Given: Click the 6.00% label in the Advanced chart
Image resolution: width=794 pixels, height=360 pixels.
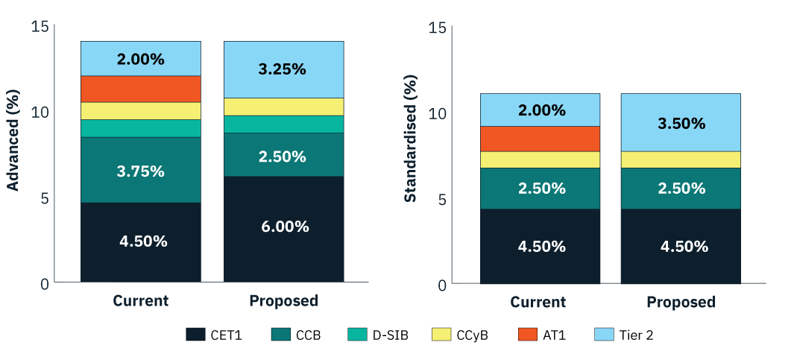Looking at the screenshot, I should (x=283, y=227).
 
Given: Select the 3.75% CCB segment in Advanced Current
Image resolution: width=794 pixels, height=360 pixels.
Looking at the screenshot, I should (x=141, y=171).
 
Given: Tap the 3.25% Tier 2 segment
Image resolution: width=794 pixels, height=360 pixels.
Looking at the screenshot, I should (x=283, y=69).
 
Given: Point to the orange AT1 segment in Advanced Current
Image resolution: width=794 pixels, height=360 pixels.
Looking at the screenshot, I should (x=141, y=89).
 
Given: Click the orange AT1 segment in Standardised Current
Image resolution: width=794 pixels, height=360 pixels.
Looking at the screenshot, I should (x=540, y=139).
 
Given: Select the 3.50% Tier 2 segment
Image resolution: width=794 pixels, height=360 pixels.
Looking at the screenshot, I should (x=681, y=123).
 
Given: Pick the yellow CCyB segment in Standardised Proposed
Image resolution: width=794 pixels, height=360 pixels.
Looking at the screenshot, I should (x=681, y=160).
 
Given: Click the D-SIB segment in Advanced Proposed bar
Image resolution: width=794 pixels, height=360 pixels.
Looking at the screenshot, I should (x=283, y=124).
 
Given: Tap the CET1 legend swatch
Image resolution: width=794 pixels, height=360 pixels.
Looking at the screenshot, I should (x=195, y=335).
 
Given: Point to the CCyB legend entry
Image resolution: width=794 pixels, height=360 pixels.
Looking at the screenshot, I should (x=459, y=335).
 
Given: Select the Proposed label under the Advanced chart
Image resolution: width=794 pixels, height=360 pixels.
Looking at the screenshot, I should (x=283, y=301).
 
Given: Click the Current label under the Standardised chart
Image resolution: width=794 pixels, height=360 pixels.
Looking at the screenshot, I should (x=538, y=302).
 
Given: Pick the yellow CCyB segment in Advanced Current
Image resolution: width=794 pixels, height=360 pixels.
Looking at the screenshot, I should (x=141, y=111).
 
